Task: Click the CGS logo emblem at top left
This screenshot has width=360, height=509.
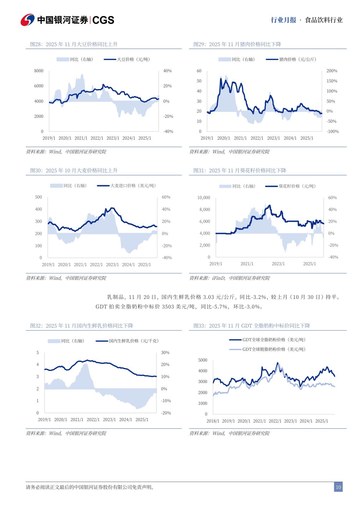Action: point(28,20)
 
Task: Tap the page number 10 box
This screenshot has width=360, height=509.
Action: point(338,487)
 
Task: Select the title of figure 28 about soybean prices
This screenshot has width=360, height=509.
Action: point(74,44)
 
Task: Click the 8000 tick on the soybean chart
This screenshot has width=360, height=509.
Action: point(39,71)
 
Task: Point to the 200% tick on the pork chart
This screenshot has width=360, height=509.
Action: point(332,71)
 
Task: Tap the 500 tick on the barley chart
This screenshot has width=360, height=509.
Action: point(39,197)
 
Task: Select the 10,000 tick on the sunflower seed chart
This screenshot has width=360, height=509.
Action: point(204,198)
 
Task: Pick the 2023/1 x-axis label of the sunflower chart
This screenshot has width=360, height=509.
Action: point(278,264)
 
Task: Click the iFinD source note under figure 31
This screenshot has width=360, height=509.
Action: point(229,278)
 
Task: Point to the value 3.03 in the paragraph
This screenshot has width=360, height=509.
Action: point(209,297)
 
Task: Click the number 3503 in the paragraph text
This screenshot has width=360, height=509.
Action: point(168,307)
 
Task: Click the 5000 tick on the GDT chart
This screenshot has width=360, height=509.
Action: point(202,360)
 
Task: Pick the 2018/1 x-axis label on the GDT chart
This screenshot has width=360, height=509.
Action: point(213,421)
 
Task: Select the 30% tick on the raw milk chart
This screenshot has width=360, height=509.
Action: point(165,353)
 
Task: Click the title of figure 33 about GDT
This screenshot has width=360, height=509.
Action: point(252,326)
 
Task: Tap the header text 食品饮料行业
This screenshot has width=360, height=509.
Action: point(324,20)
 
